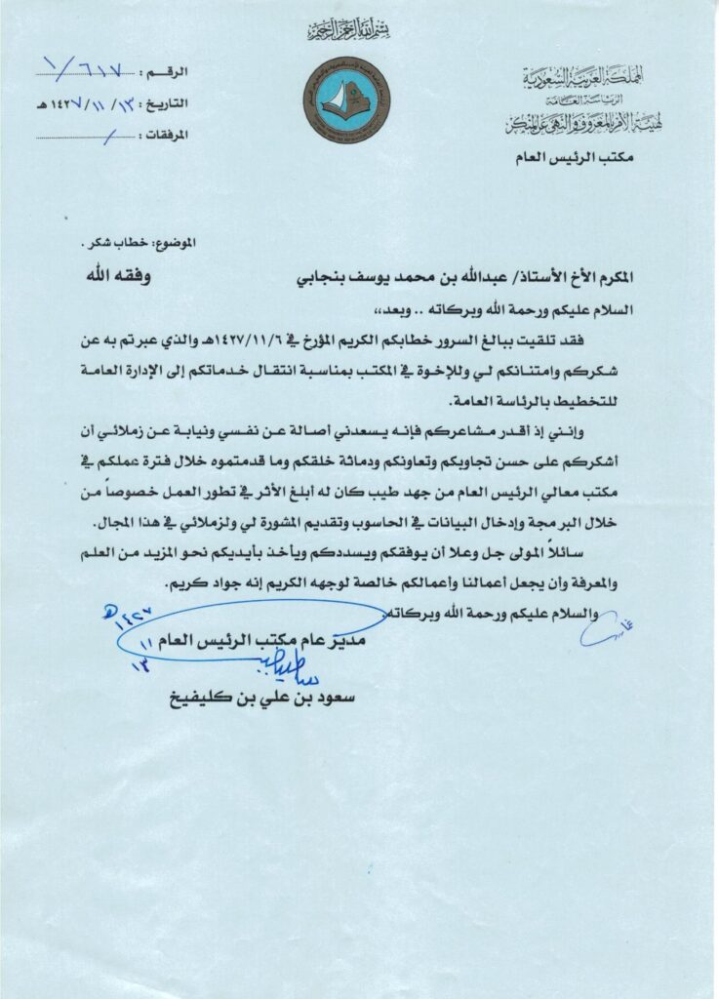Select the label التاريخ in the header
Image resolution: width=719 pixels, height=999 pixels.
pyautogui.click(x=178, y=101)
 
